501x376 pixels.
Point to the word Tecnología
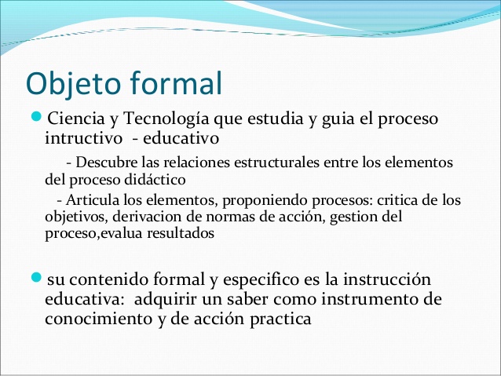[x=159, y=119]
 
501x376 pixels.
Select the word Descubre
[x=107, y=162]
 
